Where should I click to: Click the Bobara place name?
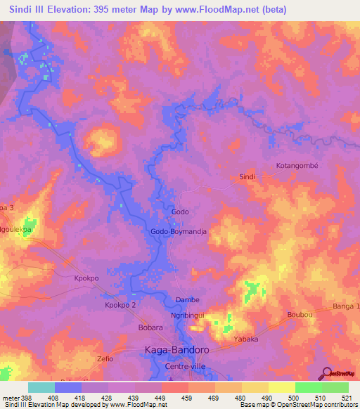pyautogui.click(x=150, y=327)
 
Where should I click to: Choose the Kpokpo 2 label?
pyautogui.click(x=120, y=306)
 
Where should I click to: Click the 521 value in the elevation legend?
pyautogui.click(x=348, y=398)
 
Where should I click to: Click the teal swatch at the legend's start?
pyautogui.click(x=41, y=387)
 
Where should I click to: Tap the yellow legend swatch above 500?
pyautogui.click(x=281, y=387)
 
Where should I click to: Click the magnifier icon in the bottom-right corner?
pyautogui.click(x=326, y=373)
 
